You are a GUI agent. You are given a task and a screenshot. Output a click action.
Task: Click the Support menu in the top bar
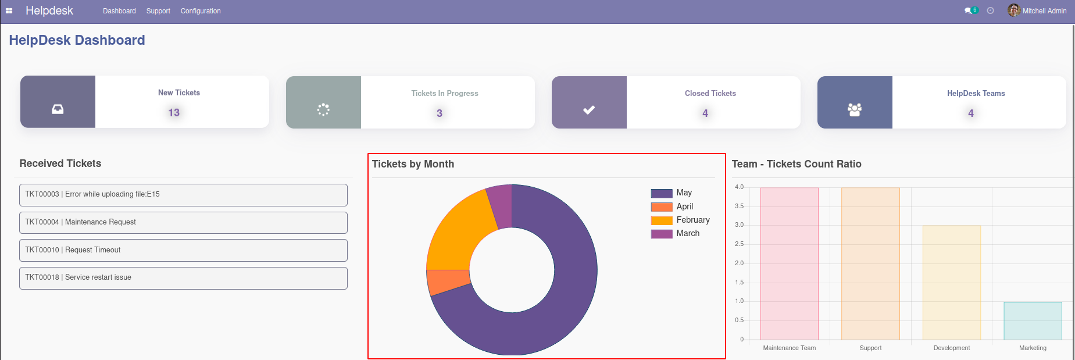[158, 11]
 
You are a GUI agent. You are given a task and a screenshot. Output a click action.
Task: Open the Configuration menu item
[201, 11]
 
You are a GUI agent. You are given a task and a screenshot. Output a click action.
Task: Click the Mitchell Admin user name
[1044, 11]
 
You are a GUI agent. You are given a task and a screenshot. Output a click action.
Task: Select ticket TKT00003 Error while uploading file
[183, 195]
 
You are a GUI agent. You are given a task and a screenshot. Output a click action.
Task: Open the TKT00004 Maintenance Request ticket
[183, 223]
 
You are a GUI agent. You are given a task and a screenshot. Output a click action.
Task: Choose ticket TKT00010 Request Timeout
[183, 250]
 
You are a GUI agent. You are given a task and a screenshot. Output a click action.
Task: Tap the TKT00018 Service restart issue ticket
[183, 278]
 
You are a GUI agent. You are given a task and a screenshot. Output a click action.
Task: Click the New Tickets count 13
[174, 113]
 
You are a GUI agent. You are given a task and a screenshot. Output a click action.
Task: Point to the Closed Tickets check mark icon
[589, 109]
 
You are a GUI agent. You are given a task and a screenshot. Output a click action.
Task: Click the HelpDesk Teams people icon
[855, 109]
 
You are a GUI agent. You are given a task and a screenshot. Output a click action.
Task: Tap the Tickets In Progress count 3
[440, 113]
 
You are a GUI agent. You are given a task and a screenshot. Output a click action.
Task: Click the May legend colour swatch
[662, 193]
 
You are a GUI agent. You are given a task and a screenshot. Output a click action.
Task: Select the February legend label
[693, 220]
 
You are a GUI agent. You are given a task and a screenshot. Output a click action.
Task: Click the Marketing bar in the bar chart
[1033, 320]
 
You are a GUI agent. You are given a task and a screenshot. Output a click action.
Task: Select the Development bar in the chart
[952, 283]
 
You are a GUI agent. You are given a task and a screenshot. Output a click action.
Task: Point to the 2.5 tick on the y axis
[739, 244]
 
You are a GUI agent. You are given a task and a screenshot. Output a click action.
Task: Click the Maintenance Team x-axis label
[790, 348]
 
